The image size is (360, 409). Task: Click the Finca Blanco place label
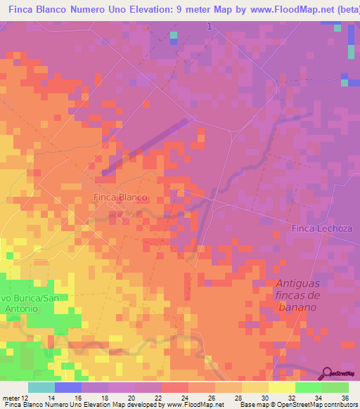tap(120, 197)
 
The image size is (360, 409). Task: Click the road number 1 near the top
tap(209, 26)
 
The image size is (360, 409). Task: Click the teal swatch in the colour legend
tap(41, 387)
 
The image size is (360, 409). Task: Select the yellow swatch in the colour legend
tap(282, 387)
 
